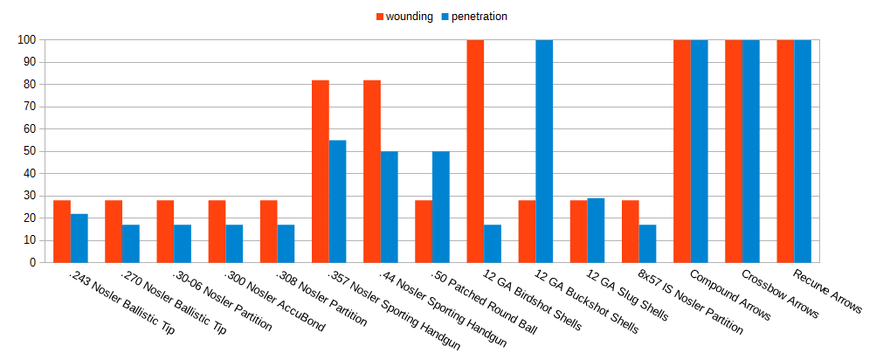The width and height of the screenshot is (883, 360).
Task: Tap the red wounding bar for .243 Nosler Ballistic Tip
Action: click(x=62, y=231)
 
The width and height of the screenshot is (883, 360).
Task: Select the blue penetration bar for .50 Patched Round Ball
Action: click(x=440, y=206)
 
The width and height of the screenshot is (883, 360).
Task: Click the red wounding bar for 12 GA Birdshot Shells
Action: click(x=475, y=150)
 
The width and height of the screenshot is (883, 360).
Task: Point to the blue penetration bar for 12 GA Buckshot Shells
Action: click(x=544, y=150)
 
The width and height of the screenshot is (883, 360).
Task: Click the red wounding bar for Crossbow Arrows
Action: click(x=734, y=150)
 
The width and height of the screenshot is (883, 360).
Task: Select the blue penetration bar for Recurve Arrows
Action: click(x=803, y=150)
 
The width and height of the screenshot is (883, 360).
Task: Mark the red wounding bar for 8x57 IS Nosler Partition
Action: click(x=631, y=231)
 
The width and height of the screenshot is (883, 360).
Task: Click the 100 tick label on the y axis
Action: click(x=26, y=40)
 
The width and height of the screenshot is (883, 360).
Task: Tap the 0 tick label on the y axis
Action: click(x=32, y=262)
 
